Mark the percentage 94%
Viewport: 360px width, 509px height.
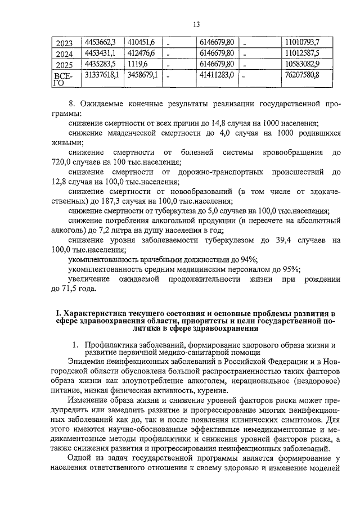(248, 259)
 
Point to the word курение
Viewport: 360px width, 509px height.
(212, 390)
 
